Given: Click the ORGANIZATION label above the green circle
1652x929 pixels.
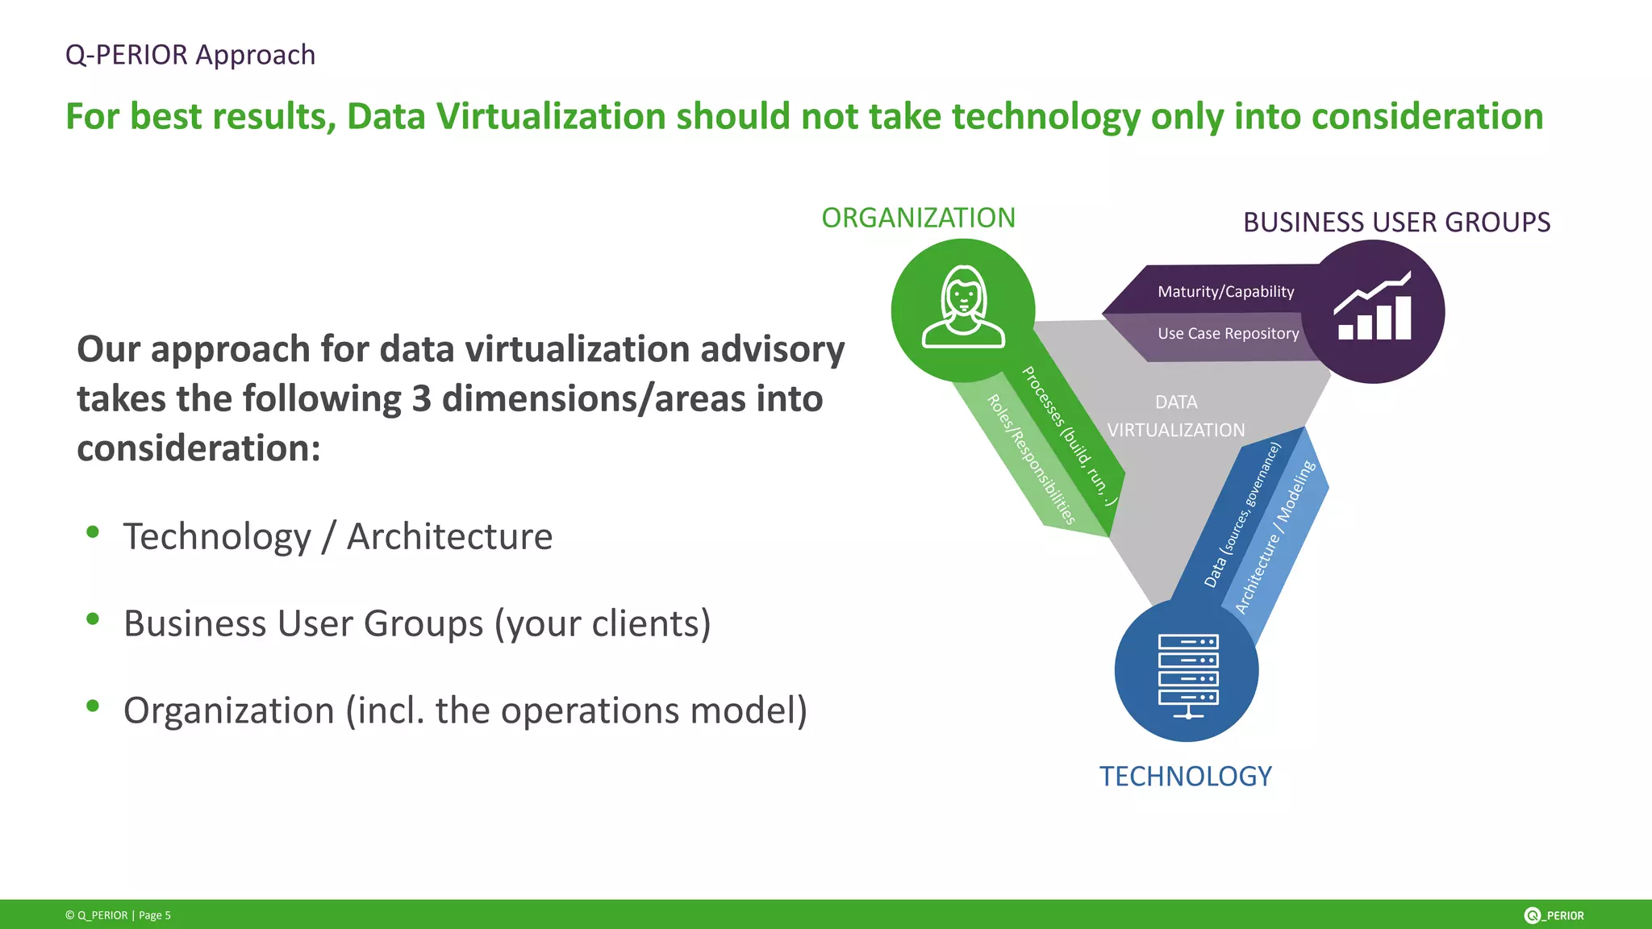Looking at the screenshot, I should coord(918,218).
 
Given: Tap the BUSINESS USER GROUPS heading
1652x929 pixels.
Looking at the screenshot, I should coord(1396,223).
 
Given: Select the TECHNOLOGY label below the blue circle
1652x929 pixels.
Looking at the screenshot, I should coord(1185,776).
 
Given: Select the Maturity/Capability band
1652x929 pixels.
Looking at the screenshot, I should coord(1225,292).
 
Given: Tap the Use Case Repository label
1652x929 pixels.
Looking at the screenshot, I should coord(1228,334).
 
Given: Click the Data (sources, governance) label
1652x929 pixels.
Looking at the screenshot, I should coord(1241,515).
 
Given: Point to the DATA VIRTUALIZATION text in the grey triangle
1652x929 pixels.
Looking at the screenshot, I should coord(1176,416).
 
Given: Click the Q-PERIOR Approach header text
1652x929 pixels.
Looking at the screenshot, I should coord(190,55).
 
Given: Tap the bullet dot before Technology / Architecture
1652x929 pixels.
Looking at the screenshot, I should coord(93,531).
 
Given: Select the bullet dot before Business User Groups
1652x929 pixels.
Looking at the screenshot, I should coord(93,619).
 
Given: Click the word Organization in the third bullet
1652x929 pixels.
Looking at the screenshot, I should coord(228,710).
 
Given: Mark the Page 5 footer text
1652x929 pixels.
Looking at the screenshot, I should coord(155,915).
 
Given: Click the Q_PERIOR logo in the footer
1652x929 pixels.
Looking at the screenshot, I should coord(1554,915).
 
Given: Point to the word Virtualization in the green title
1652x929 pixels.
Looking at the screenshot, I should coord(550,117).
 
